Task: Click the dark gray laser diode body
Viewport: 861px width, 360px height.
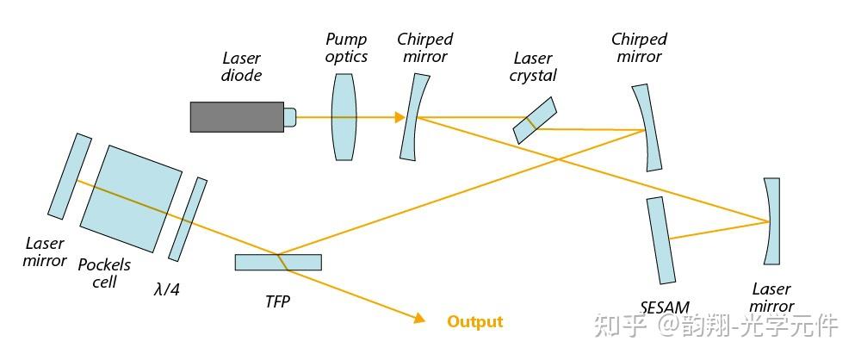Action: pos(238,117)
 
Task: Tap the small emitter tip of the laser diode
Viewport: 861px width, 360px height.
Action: pos(290,117)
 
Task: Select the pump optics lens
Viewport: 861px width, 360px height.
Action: pos(344,117)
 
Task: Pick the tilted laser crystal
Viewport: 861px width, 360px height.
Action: pos(535,121)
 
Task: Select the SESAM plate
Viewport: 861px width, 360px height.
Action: pos(660,240)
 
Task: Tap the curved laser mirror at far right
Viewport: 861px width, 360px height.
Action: pos(771,221)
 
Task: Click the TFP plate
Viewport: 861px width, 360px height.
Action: pos(278,262)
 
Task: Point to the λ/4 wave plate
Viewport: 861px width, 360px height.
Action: pos(188,220)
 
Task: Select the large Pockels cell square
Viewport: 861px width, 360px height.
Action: pos(131,198)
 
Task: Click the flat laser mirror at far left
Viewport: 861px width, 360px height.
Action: pos(70,176)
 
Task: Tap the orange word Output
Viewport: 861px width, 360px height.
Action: pos(475,321)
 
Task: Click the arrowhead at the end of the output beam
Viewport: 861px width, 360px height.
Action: pos(420,318)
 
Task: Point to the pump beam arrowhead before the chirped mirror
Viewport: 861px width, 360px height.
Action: pos(400,117)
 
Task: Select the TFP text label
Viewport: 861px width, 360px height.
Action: pos(277,301)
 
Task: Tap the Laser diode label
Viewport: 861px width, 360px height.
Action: pos(242,66)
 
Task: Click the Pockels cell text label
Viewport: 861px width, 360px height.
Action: pos(104,273)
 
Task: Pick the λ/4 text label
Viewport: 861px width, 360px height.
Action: pos(167,289)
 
